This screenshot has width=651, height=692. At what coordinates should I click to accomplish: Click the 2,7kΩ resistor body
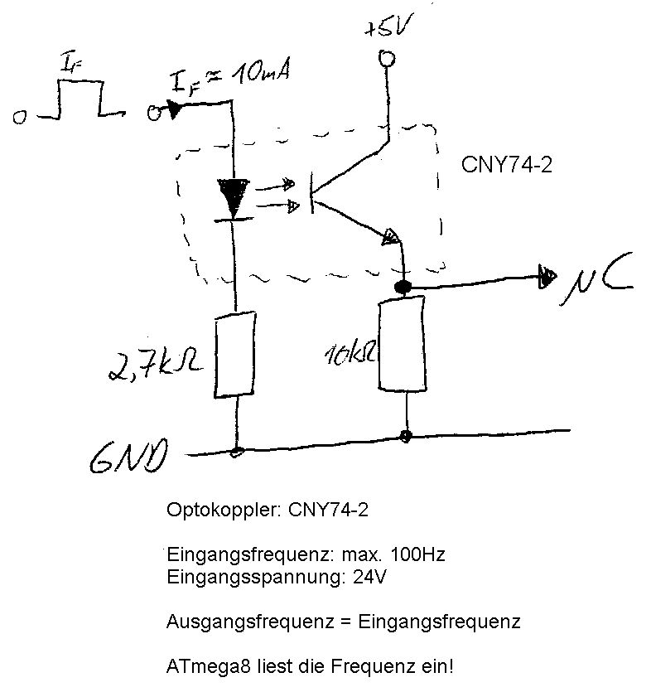coord(234,354)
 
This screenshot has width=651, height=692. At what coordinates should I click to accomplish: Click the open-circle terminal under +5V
coord(385,59)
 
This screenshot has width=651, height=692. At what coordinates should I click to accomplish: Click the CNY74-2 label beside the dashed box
coord(506,165)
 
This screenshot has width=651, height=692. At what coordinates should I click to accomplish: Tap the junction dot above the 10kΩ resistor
coord(403,288)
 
